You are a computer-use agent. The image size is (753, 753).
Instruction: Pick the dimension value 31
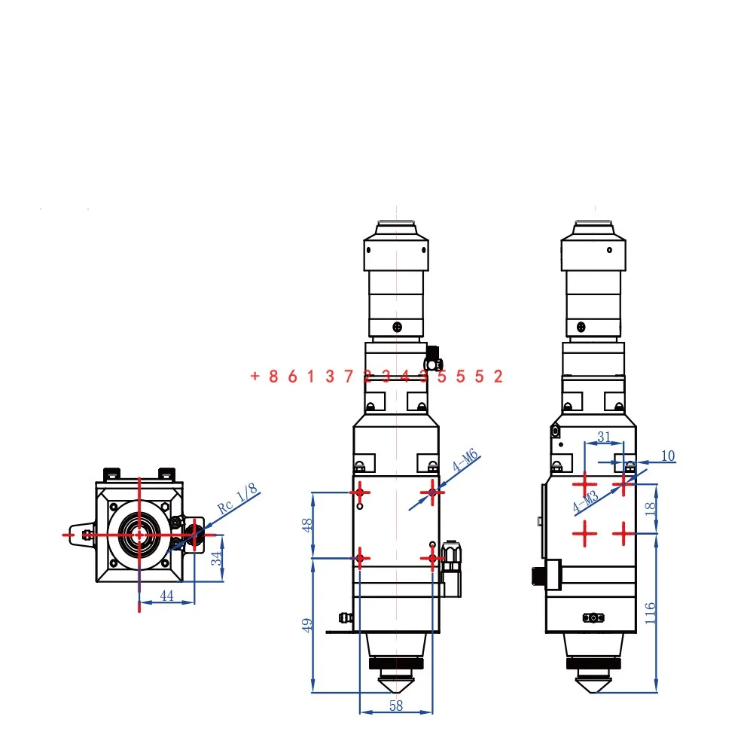pos(604,437)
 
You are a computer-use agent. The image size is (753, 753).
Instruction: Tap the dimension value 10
pos(668,456)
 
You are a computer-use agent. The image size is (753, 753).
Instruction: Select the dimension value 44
pos(166,596)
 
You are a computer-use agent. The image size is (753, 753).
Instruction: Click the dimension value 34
pos(216,557)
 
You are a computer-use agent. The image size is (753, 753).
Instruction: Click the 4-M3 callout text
pos(586,501)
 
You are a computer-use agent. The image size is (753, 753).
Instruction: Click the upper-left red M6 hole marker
pos(361,492)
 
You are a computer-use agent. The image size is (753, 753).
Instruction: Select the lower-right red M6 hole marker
pos(432,558)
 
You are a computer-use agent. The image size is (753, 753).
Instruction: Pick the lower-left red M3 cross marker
pos(584,533)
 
